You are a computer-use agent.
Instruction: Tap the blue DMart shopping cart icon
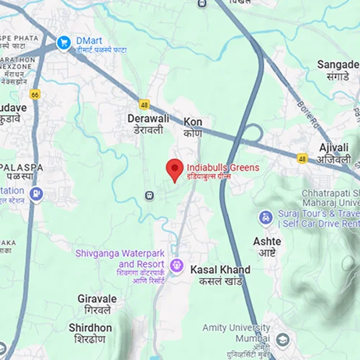point(64,43)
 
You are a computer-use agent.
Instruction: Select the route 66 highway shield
point(35,94)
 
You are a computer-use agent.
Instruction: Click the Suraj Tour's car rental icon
point(266,217)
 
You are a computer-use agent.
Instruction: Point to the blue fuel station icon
point(36,194)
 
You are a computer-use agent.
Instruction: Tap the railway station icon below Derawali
point(149,194)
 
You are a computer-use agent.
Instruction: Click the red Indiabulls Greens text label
point(222,168)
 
